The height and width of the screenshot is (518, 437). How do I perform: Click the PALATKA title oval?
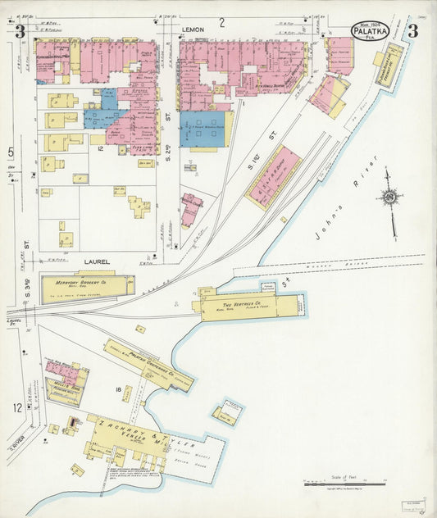click(371, 31)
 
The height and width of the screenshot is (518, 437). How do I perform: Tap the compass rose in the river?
click(389, 198)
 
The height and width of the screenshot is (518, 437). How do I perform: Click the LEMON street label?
click(193, 30)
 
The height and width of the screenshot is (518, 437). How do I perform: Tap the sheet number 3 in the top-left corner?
click(19, 32)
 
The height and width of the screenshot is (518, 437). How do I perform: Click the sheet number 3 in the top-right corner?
click(412, 32)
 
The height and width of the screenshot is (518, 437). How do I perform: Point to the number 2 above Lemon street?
click(221, 21)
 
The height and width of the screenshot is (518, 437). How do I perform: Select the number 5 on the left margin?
click(11, 152)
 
